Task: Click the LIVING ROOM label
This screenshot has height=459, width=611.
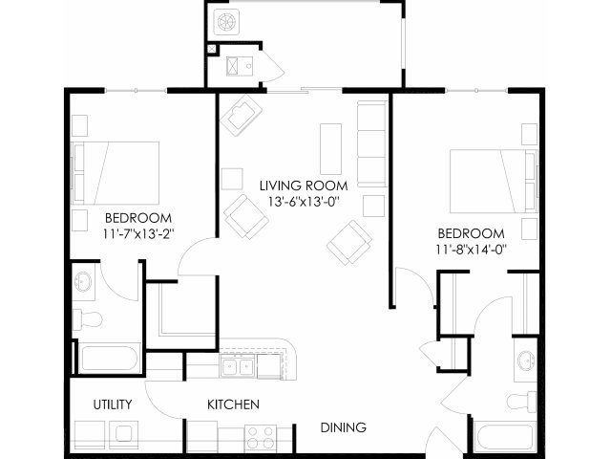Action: coord(304,186)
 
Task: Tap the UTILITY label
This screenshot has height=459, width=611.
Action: coord(113,404)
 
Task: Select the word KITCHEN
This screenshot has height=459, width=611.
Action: coord(233,404)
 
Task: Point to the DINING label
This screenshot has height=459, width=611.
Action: coord(344,427)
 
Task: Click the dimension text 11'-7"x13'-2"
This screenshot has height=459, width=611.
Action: coord(138,233)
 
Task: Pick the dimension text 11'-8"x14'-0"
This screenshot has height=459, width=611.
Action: coord(472,249)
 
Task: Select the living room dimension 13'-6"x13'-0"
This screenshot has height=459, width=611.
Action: coord(304,202)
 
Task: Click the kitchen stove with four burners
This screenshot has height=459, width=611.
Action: coord(261,437)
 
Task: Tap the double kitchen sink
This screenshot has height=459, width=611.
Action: coord(238,365)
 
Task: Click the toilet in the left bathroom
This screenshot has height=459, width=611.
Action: coord(88,319)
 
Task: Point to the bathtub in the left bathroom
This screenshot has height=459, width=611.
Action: coord(109,359)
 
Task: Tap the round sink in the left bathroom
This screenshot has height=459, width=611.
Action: coord(83,281)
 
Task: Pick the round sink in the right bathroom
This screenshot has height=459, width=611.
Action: coord(526,361)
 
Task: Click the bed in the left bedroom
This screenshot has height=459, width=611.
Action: coord(116,173)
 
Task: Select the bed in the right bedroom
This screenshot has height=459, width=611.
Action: coord(494,182)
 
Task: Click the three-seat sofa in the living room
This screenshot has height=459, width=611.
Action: coord(372,144)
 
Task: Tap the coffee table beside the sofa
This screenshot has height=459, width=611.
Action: coord(331,149)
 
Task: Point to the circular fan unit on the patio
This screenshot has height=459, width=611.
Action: coord(225,21)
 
